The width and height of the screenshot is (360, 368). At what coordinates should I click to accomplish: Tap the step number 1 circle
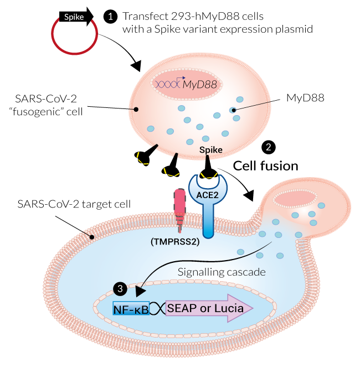click(x=111, y=17)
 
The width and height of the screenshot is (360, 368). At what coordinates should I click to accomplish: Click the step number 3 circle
click(x=120, y=288)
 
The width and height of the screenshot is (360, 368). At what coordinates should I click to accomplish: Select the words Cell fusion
click(x=265, y=165)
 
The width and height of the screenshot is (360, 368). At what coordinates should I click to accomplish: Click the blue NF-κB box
click(x=131, y=308)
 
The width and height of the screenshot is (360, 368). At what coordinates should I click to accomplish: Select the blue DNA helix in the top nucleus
click(x=168, y=84)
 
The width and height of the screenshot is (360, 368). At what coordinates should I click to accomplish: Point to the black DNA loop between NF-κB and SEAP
click(x=158, y=309)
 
